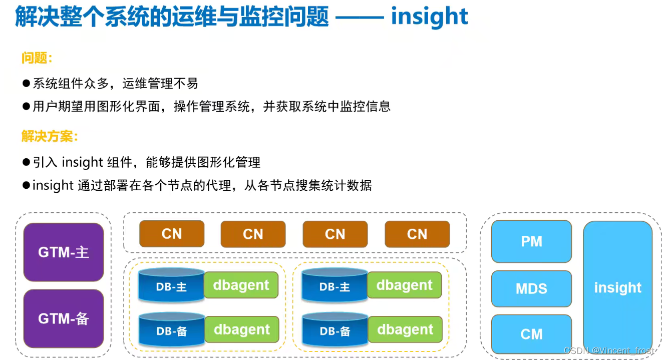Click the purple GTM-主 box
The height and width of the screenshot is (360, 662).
tap(64, 252)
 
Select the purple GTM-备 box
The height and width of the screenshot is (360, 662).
tap(64, 318)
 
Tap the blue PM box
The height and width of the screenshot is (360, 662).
tap(531, 241)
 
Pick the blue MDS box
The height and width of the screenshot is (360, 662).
tap(531, 288)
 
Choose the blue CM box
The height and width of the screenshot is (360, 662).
tap(531, 334)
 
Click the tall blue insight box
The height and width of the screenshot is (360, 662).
tap(617, 287)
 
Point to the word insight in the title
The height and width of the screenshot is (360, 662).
tap(430, 17)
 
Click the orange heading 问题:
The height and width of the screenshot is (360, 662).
tap(37, 58)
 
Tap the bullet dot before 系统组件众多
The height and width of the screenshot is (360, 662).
tap(27, 83)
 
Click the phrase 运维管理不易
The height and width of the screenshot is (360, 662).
tap(160, 83)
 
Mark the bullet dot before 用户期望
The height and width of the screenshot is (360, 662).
tap(27, 106)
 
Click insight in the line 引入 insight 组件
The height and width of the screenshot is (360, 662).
tap(82, 162)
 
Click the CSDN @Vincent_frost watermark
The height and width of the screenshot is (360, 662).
tap(608, 350)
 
